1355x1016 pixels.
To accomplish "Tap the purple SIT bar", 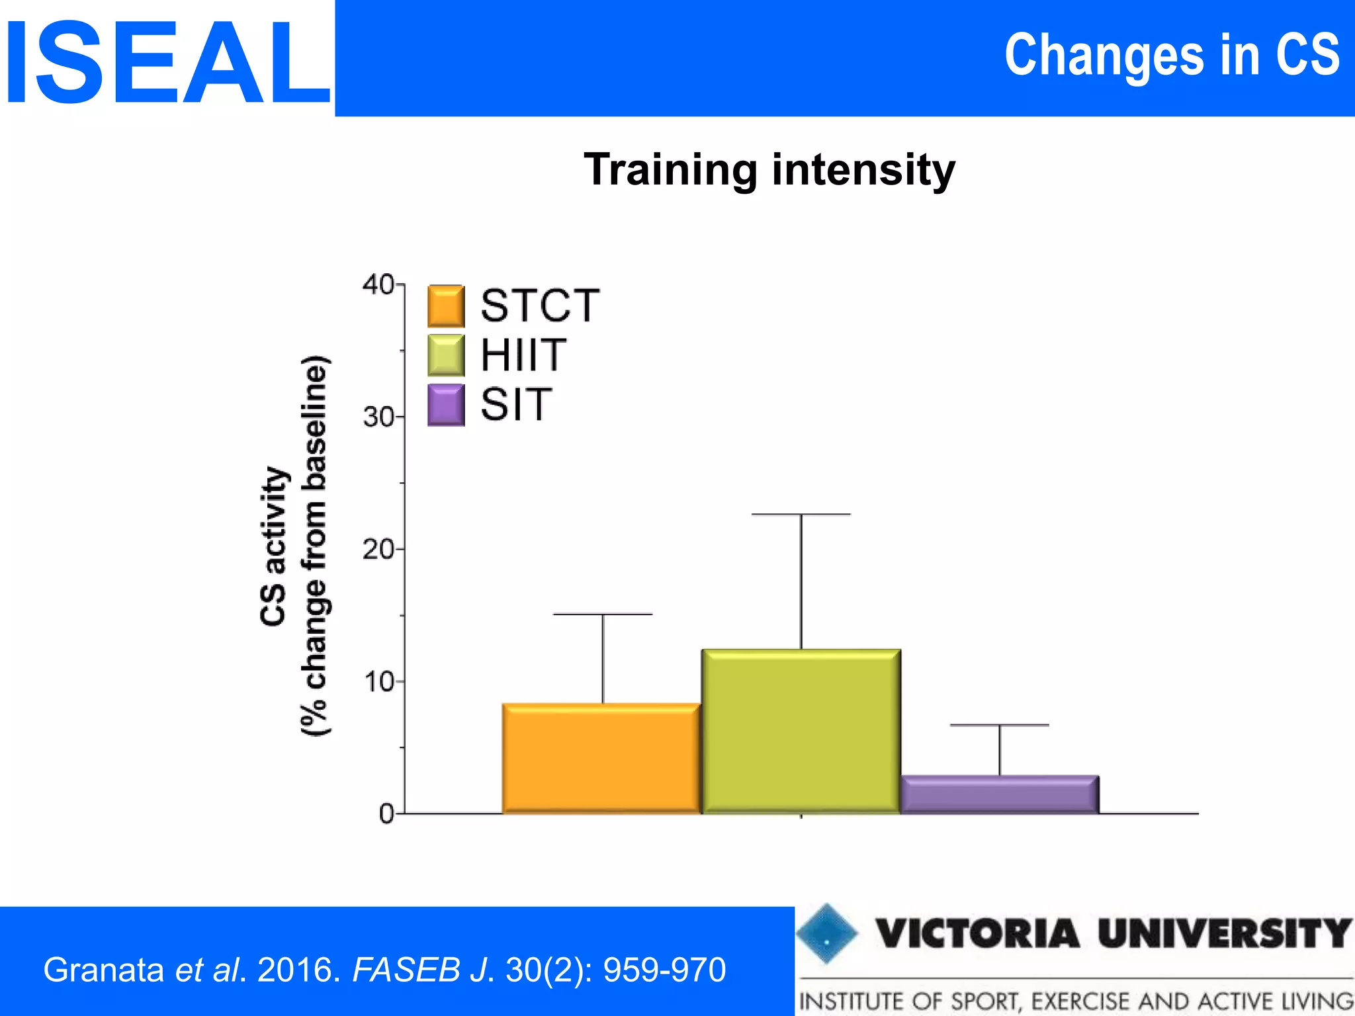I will pos(999,794).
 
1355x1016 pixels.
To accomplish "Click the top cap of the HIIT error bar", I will pos(801,514).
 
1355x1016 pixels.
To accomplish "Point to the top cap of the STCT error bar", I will pos(602,614).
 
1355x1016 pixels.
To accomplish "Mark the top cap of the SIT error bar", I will pos(999,726).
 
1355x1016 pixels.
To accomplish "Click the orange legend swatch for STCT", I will pos(446,306).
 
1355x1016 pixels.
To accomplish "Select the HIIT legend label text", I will pos(523,355).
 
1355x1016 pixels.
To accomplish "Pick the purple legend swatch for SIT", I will pos(446,405).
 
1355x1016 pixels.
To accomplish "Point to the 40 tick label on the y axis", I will pos(378,284).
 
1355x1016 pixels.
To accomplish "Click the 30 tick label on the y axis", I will pos(378,417).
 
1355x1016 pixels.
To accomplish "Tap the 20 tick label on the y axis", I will pos(378,549).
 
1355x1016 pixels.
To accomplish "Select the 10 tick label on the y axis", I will pos(378,681).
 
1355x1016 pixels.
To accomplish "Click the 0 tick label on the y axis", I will pos(386,814).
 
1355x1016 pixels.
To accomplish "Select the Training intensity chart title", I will pos(769,169).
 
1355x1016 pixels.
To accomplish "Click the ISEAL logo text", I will pos(167,63).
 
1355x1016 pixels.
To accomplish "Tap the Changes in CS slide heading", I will pos(1171,56).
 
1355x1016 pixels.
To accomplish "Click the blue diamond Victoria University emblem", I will pos(826,933).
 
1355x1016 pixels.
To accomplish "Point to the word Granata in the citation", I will pos(104,970).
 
